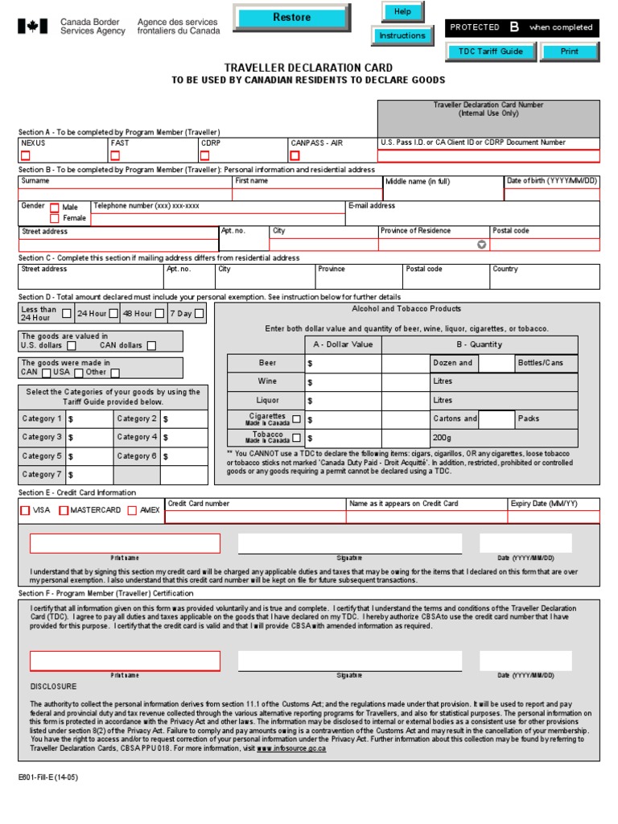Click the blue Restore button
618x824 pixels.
(291, 17)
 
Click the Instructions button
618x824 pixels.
(402, 36)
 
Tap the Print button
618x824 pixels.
(570, 51)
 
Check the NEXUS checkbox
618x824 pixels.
(25, 155)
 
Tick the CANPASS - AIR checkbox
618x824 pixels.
(295, 155)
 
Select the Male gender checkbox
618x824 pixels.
(55, 208)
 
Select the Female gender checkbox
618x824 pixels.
(55, 218)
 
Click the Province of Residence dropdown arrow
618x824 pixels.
(481, 245)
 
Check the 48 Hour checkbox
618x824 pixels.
(159, 313)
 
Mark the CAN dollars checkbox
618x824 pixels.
(151, 346)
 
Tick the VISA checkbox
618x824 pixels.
(25, 510)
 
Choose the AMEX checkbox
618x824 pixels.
(132, 510)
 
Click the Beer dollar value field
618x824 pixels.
(342, 364)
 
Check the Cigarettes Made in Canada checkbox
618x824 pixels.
(296, 418)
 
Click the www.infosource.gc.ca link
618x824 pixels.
(291, 748)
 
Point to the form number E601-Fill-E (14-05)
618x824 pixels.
(48, 778)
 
